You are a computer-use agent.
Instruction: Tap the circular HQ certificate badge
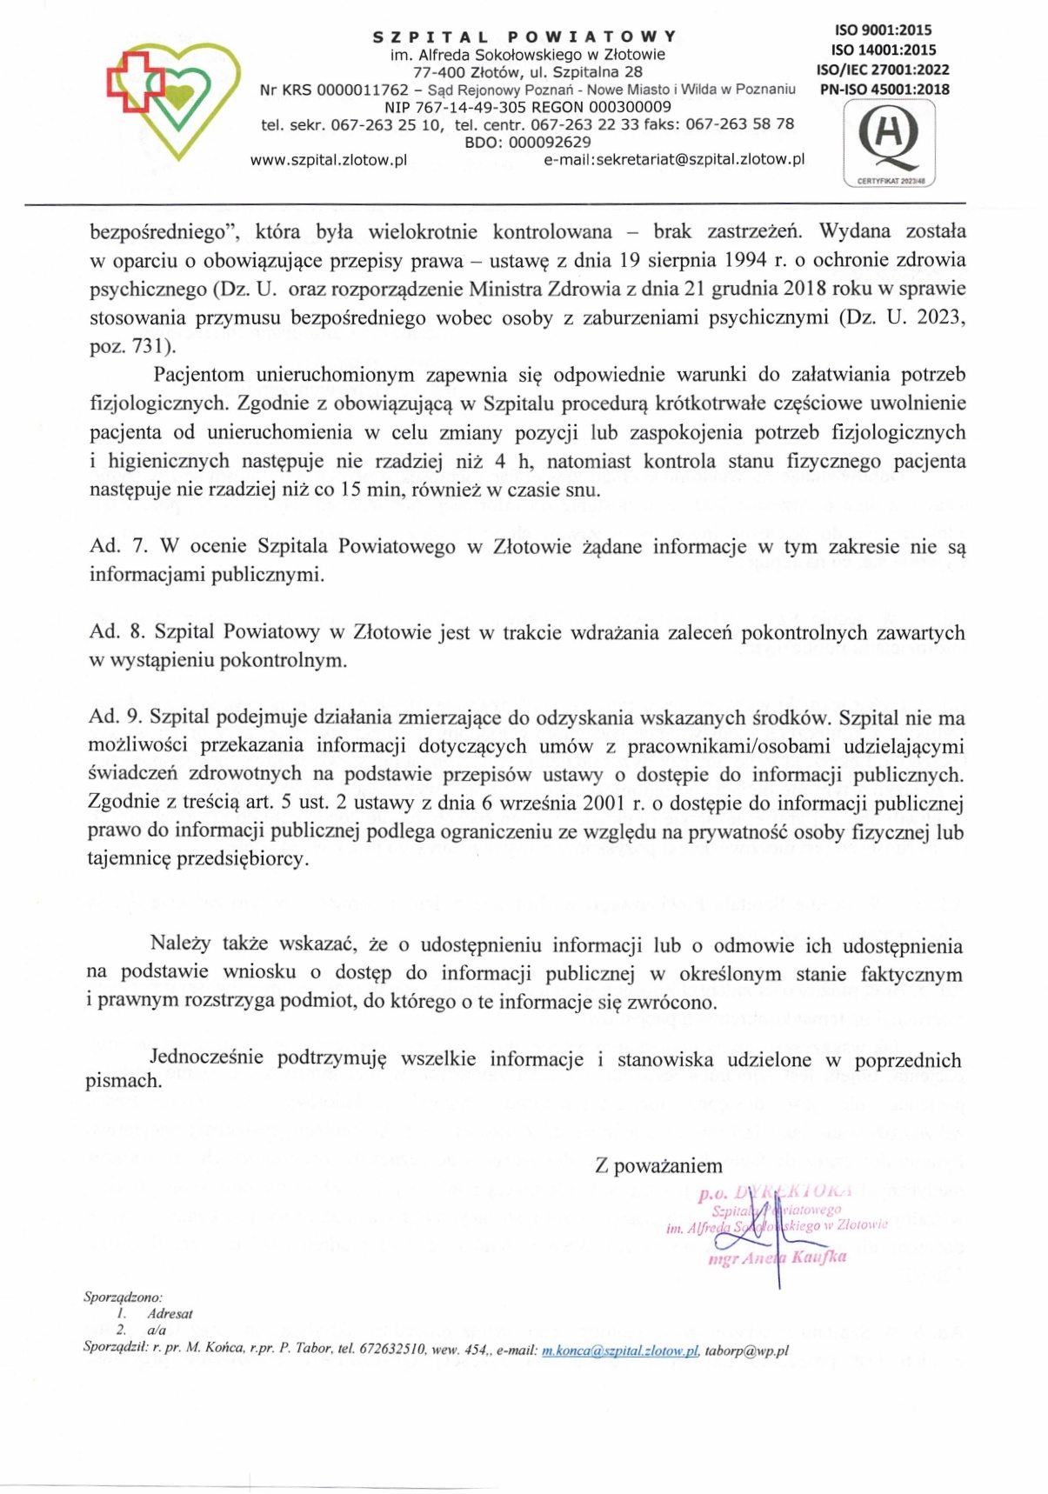[889, 140]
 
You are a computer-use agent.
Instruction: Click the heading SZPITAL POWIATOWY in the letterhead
[524, 37]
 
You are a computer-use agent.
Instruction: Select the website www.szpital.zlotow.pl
[329, 160]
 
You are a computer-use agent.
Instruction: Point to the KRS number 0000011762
[363, 90]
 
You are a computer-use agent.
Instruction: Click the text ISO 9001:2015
[882, 30]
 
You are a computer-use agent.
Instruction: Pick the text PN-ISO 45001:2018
[882, 89]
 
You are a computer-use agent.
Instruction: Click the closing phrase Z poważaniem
[658, 1167]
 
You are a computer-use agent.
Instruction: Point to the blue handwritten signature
[764, 1235]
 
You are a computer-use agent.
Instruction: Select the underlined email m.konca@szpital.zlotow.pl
[620, 1351]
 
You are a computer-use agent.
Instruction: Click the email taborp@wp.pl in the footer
[747, 1351]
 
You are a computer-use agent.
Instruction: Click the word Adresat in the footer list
[170, 1314]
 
